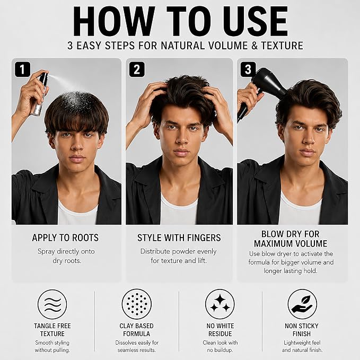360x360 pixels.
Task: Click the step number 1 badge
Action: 22,69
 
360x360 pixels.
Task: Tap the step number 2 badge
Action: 137,69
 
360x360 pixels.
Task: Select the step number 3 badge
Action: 248,69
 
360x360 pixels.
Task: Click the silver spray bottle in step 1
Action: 40,94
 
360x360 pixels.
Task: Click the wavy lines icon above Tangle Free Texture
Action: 52,304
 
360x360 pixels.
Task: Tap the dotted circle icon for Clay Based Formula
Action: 137,304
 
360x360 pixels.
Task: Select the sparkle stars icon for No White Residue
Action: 220,304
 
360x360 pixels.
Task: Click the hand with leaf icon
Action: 302,304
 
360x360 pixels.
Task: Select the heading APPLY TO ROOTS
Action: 65,238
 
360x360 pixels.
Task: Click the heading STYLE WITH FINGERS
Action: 179,238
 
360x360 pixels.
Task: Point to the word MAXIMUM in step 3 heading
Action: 274,243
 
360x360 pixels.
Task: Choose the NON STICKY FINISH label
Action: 302,330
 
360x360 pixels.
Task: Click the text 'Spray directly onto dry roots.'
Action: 66,256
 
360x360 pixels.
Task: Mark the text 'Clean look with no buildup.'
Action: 220,346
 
